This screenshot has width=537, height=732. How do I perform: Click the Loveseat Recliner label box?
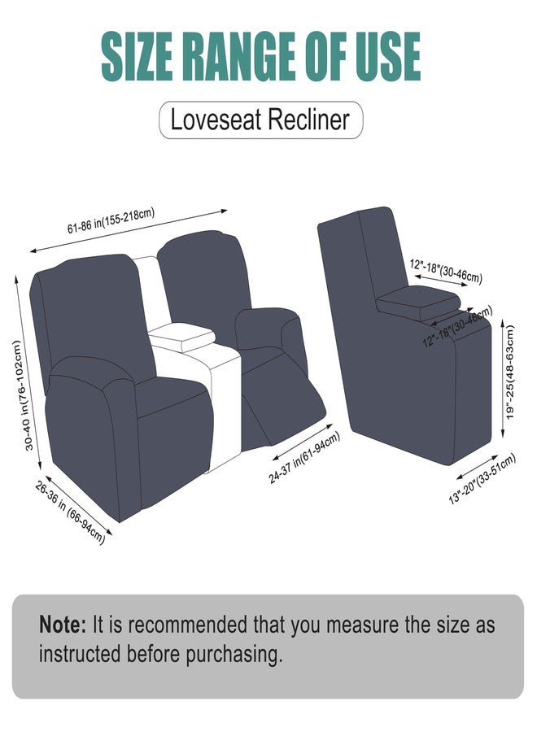(260, 120)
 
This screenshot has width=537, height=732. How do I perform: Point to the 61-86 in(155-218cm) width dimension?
(111, 220)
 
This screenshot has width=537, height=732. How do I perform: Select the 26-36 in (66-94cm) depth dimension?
(70, 512)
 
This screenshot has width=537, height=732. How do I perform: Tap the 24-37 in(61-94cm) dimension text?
(304, 458)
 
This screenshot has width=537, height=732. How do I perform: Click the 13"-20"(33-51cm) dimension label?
(482, 478)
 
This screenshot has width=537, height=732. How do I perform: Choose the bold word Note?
(63, 625)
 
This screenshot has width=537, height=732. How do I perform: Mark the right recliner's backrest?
(203, 280)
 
